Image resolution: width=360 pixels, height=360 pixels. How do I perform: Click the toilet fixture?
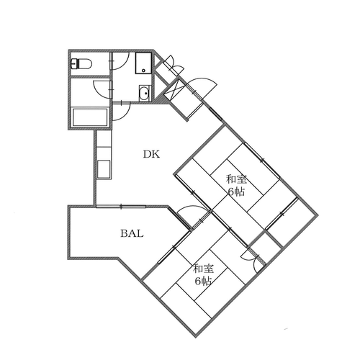tap(81, 64)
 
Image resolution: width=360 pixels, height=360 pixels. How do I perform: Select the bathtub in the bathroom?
tap(90, 117)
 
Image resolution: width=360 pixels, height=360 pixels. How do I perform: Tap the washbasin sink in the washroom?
tap(145, 93)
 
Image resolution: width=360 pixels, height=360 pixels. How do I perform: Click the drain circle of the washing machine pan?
tap(143, 71)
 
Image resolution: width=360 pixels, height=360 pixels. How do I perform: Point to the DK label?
tap(151, 154)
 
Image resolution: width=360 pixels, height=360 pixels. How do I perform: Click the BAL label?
tap(132, 233)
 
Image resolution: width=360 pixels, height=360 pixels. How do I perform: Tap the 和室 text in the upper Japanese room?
tap(236, 179)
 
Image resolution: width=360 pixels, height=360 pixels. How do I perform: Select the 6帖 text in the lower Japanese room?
tap(203, 281)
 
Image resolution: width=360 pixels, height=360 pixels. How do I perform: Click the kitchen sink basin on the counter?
tap(104, 169)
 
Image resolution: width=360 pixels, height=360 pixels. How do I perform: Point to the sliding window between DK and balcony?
tap(121, 207)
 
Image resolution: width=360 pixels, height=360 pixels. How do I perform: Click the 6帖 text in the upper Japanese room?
tap(236, 192)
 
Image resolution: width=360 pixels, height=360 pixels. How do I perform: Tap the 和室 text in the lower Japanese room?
tap(204, 269)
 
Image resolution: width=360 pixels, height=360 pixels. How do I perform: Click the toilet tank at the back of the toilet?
tap(74, 64)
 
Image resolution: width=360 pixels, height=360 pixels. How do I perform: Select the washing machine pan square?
tap(143, 63)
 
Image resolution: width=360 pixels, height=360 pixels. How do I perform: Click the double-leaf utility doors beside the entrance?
tap(172, 64)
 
